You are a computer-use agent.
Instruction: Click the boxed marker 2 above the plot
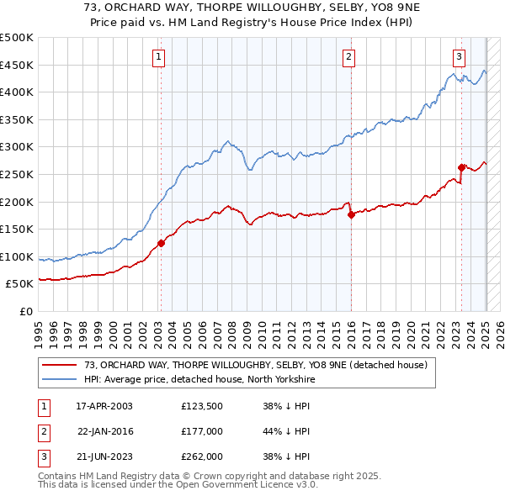[x=349, y=57]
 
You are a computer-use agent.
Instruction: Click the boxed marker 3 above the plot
[x=460, y=57]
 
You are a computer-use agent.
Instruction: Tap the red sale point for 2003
[x=161, y=244]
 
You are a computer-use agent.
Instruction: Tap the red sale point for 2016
[x=351, y=214]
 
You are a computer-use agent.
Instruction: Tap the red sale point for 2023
[x=461, y=167]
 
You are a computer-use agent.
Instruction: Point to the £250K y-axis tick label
[x=17, y=174]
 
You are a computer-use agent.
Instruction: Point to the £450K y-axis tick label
[x=17, y=65]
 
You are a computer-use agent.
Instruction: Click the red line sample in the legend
[x=60, y=365]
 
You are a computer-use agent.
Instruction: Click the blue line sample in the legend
[x=60, y=379]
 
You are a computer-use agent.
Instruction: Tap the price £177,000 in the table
[x=200, y=431]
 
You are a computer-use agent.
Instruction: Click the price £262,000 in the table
[x=200, y=456]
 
